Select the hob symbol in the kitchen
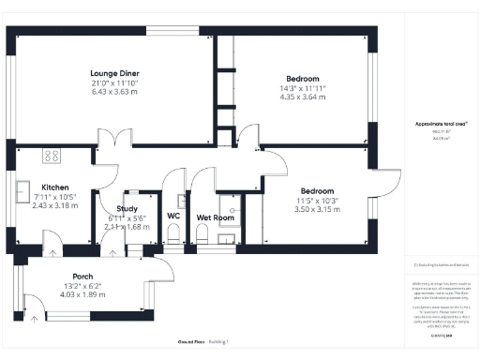pos(52,157)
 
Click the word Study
pos(127,208)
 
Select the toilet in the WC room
pos(174,240)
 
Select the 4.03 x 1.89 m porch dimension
pos(82,294)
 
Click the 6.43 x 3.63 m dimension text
pos(113,92)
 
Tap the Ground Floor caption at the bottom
pos(192,341)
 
